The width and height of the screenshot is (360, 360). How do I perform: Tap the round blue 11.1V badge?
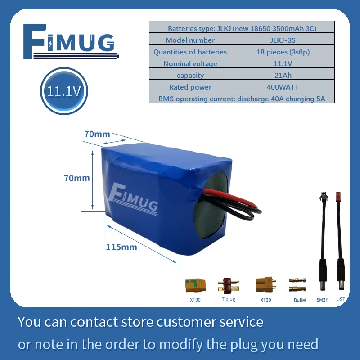64,92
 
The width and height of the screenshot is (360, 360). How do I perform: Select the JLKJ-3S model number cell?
283,40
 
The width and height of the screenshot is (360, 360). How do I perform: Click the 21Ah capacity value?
283,75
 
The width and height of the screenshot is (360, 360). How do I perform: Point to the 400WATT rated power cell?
283,87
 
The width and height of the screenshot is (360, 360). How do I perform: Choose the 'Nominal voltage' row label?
190,63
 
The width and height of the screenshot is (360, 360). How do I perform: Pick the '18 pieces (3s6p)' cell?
283,52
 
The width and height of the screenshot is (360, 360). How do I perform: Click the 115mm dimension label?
121,247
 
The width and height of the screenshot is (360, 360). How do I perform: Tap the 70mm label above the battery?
97,134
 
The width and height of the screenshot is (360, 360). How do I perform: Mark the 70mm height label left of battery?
77,178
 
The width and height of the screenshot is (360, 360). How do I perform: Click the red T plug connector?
228,285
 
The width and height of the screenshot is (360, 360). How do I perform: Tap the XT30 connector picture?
265,284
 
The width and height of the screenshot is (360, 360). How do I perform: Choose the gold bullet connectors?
298,284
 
